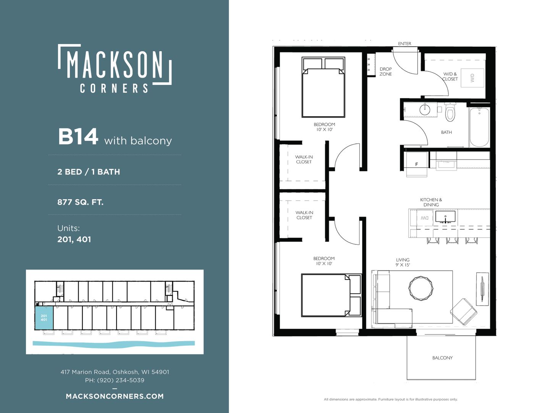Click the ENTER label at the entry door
click(x=404, y=44)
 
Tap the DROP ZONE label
click(x=385, y=72)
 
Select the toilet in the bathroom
click(x=450, y=112)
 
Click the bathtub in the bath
click(x=479, y=127)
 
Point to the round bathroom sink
click(x=425, y=110)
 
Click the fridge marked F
click(x=416, y=164)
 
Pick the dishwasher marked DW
click(x=424, y=218)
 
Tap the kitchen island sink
click(x=445, y=216)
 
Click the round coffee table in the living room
click(x=421, y=288)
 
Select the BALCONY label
click(x=442, y=358)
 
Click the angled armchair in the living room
click(x=463, y=312)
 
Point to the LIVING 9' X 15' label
click(x=403, y=262)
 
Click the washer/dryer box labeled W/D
click(x=472, y=78)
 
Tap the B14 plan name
click(x=78, y=137)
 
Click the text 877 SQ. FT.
click(x=80, y=202)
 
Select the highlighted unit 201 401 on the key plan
click(x=44, y=318)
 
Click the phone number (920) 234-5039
click(x=121, y=380)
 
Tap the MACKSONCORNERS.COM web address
click(x=115, y=396)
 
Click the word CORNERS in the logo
click(x=114, y=88)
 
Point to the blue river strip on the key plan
click(x=114, y=343)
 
